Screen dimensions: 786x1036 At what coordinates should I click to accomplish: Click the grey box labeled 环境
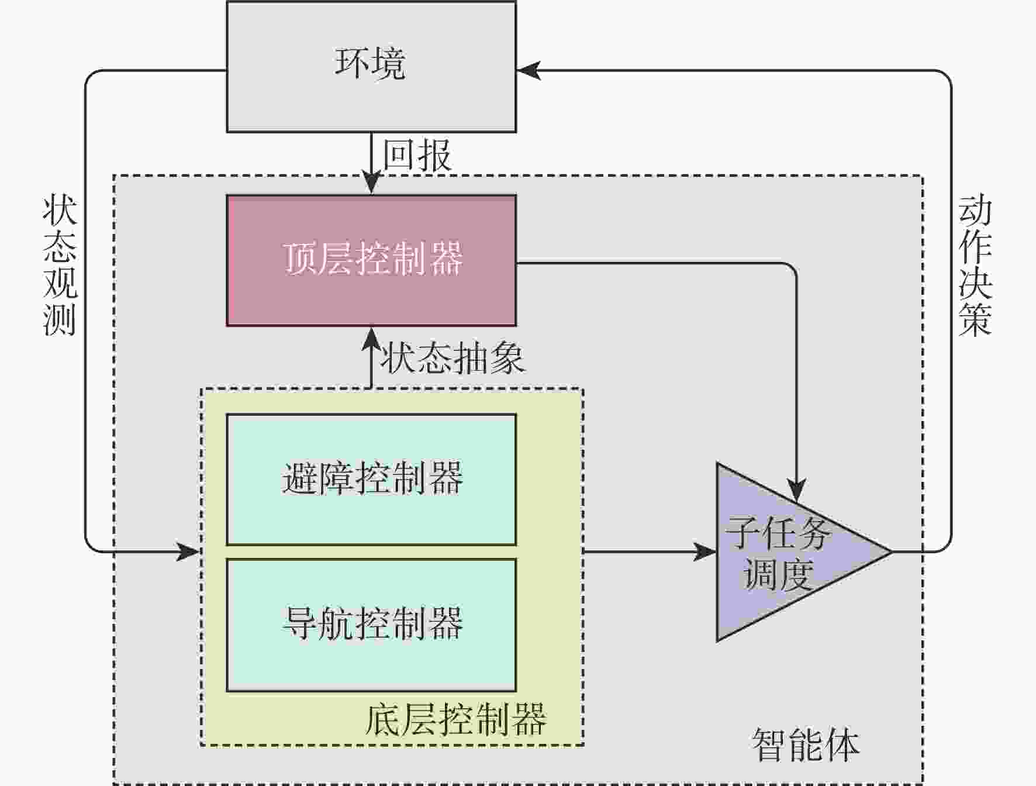coord(371,67)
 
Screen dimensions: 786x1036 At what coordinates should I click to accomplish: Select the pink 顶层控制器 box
coord(371,260)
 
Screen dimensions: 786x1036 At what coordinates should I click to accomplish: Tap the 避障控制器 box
coord(371,480)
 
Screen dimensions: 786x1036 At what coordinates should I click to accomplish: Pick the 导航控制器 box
coord(371,625)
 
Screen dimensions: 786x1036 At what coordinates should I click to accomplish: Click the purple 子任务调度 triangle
coord(783,553)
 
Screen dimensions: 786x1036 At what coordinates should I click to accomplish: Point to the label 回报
coord(417,156)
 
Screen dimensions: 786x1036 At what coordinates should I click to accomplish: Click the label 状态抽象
coord(453,358)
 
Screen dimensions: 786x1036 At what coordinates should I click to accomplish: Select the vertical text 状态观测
coord(60,266)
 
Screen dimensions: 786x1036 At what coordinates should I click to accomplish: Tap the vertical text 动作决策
coord(975,266)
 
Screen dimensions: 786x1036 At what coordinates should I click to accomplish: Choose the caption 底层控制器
coord(456,719)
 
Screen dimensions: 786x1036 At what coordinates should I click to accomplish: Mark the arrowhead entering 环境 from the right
coord(528,71)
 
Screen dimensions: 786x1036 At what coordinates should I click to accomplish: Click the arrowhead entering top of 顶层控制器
coord(371,184)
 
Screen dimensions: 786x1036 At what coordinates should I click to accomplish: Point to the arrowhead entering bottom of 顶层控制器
coord(371,338)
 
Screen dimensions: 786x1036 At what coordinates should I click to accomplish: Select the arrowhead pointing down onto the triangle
coord(796,491)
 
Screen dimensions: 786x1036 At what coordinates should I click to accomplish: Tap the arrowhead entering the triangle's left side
coord(705,551)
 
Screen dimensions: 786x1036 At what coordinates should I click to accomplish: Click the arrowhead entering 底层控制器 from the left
coord(189,551)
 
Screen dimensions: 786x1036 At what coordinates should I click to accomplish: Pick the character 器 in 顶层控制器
coord(446,258)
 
